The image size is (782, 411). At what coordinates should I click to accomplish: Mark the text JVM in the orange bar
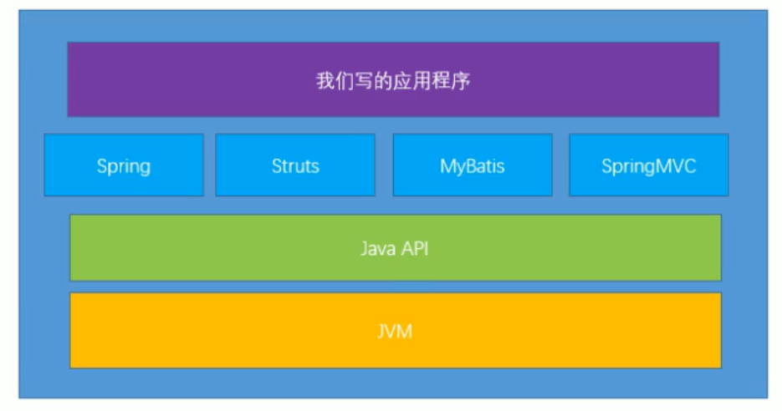[395, 332]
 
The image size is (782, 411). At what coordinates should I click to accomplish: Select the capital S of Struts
[276, 165]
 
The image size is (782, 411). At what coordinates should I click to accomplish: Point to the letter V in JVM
[394, 332]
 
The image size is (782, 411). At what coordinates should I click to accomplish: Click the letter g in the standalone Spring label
[146, 167]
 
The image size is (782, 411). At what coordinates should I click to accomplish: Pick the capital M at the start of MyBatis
[447, 165]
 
